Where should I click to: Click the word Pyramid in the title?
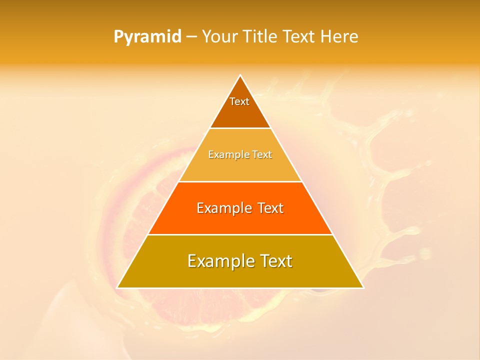pos(147,37)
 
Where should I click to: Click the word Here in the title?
pos(339,36)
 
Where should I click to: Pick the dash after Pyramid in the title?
pos(191,37)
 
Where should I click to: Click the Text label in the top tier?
pos(239,101)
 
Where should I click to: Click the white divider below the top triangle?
pos(240,128)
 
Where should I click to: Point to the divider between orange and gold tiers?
pos(240,234)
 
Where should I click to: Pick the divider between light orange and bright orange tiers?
pos(240,181)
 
